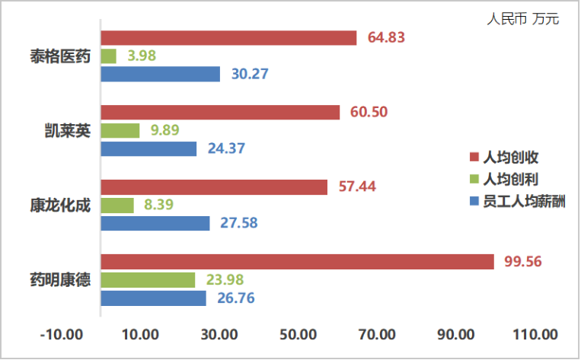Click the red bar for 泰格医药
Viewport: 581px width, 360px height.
228,38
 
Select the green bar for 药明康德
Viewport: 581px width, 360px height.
148,280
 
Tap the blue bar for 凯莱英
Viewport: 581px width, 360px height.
148,149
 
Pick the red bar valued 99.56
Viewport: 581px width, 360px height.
297,262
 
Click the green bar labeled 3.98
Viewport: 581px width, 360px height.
109,56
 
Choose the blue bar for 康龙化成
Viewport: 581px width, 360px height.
155,224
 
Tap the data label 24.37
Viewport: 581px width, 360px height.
226,149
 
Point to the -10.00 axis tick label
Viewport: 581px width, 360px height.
62,335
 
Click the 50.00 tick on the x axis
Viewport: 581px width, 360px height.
298,335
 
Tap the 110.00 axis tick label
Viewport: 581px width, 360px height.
534,335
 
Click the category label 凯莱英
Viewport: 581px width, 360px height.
67,130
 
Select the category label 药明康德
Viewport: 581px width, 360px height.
60,280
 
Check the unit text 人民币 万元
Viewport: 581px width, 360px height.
522,19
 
